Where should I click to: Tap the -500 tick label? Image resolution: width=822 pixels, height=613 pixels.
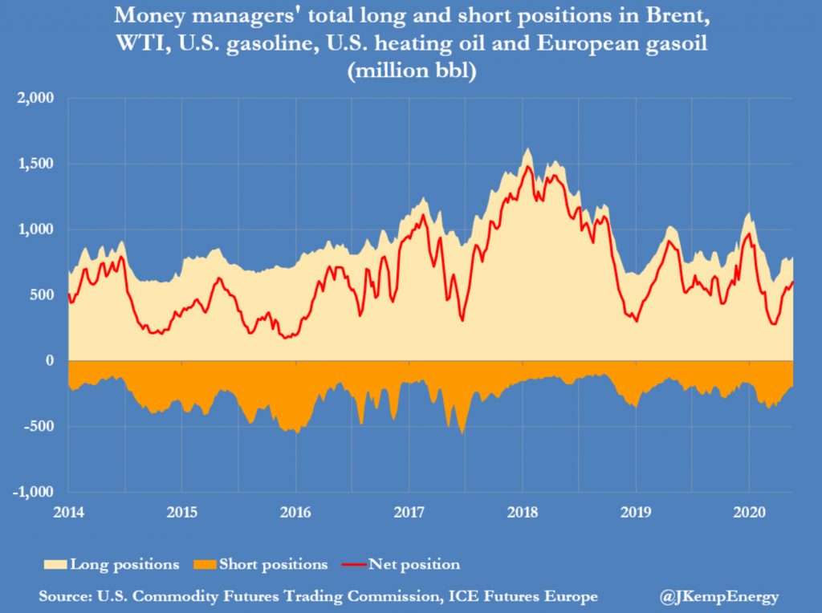[40, 426]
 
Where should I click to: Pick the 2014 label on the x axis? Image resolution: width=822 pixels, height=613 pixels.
[67, 511]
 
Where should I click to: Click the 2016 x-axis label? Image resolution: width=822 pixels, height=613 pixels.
[295, 511]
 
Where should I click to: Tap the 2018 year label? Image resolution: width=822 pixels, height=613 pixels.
[523, 511]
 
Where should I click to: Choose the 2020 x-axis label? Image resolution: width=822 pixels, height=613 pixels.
[749, 511]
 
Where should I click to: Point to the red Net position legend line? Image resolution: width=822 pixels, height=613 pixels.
[352, 564]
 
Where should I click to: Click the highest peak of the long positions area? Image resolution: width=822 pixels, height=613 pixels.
[527, 148]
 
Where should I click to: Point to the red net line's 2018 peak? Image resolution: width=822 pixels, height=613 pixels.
[527, 166]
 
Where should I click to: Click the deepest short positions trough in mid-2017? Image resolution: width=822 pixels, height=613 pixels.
[462, 433]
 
